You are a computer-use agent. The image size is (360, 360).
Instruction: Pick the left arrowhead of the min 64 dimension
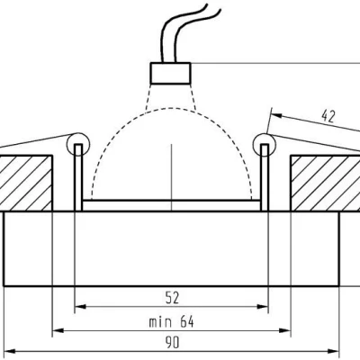coord(56,328)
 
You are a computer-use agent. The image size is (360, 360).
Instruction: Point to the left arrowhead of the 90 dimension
coord(8,351)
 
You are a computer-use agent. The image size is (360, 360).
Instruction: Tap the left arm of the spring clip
coord(36,142)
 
